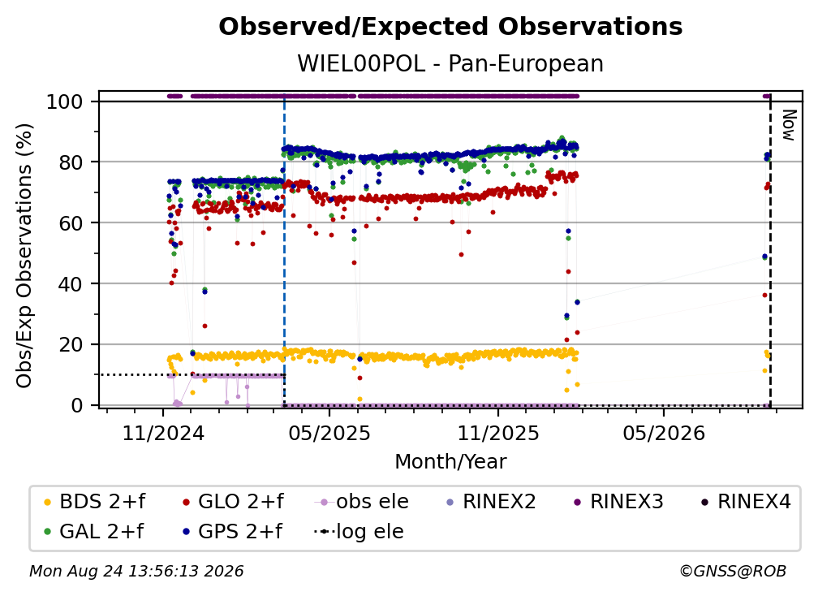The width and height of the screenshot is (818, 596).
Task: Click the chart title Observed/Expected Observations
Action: coord(450,27)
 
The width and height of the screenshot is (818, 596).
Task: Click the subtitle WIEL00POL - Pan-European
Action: coord(450,63)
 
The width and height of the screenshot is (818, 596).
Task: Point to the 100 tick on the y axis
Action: coord(65,101)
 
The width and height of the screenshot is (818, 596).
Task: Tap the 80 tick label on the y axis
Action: coord(71,162)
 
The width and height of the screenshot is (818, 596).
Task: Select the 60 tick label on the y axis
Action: coord(71,222)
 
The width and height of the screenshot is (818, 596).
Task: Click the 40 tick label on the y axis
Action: coord(71,284)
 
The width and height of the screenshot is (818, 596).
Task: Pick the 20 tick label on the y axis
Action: coord(71,344)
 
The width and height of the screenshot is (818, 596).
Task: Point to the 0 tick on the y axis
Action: coord(77,405)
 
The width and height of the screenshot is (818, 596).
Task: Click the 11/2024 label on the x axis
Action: coord(163,433)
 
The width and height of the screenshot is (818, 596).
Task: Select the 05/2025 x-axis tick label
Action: coord(329,433)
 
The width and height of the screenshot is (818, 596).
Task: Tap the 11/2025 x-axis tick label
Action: coord(498,433)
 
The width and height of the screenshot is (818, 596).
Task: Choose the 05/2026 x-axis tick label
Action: coord(664,433)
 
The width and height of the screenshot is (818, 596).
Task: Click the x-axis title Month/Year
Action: coord(450,462)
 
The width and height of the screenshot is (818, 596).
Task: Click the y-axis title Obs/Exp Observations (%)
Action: coord(24,255)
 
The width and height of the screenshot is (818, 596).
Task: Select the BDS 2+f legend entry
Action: coord(95,502)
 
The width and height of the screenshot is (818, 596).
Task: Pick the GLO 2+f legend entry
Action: coord(233,502)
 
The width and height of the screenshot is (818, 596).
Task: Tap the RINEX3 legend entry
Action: coord(618,502)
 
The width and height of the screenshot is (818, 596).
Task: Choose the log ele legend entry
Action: coord(359,531)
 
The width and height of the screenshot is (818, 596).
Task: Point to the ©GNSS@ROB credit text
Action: coord(733,572)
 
